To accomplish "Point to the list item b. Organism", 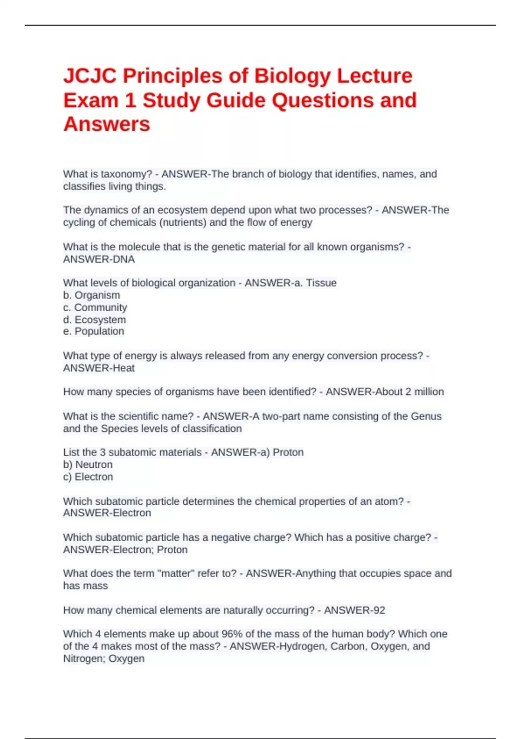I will tap(92, 295).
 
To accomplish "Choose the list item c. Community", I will tap(95, 307).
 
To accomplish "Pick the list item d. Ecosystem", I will tap(95, 320).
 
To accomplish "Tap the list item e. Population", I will tap(94, 331).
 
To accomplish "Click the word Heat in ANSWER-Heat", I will tap(124, 368).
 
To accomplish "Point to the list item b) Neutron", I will tap(88, 464).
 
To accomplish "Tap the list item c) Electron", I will tap(88, 476).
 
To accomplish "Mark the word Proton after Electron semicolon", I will tap(172, 549).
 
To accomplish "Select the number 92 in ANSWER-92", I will tap(379, 610).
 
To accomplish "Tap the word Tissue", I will tap(321, 283).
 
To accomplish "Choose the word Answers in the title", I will tap(107, 124).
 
